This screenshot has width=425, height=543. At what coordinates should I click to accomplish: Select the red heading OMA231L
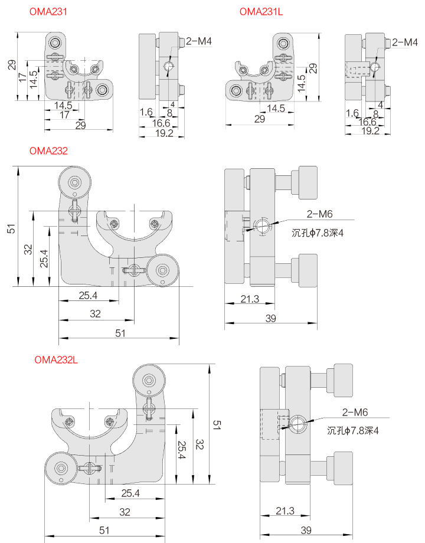pos(261,12)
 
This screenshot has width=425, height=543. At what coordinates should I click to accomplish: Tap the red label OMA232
pos(48,151)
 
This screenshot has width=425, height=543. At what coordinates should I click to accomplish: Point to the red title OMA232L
pos(56,358)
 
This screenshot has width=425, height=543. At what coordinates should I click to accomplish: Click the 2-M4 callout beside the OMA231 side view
pos(198,41)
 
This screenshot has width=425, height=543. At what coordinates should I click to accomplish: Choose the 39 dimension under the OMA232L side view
pos(306,530)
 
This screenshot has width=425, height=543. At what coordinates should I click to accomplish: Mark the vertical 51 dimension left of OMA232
pos(11,228)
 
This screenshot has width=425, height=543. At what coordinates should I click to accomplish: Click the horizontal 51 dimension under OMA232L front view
pos(104,530)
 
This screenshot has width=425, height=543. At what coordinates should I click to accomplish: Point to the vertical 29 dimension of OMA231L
pos(313,68)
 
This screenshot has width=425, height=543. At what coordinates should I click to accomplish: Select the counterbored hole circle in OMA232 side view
pos(263,225)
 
